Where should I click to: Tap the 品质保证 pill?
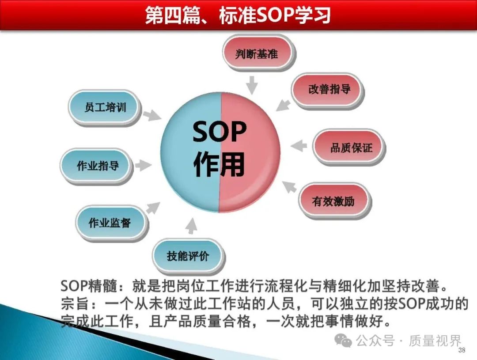point(348,148)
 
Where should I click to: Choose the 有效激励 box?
point(335,201)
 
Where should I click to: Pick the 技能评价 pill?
point(189,257)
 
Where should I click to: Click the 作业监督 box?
point(112,223)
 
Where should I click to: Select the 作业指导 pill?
point(96,166)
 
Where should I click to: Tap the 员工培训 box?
point(104,108)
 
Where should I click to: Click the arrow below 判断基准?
point(252,85)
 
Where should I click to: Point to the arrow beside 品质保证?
point(299,145)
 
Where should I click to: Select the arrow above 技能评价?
point(191,226)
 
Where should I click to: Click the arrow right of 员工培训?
point(152,115)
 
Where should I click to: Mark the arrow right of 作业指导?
point(143,165)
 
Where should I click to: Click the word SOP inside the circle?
point(220,132)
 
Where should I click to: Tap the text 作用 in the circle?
point(220,164)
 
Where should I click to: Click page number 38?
point(462,350)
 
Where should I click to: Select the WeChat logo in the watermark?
point(343,341)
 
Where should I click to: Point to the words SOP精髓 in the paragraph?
point(88,286)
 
